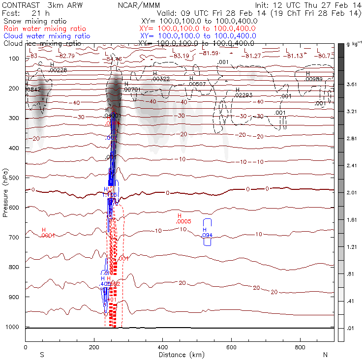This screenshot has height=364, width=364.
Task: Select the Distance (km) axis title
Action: tap(180, 354)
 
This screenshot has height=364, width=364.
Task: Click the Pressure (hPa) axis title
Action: tap(6, 192)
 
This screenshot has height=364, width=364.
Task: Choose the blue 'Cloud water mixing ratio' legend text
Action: tap(46, 36)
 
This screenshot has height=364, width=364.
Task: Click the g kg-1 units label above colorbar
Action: tap(352, 45)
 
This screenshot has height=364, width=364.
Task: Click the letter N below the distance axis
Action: tap(325, 355)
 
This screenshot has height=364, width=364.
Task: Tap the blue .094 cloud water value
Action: tap(207, 235)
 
